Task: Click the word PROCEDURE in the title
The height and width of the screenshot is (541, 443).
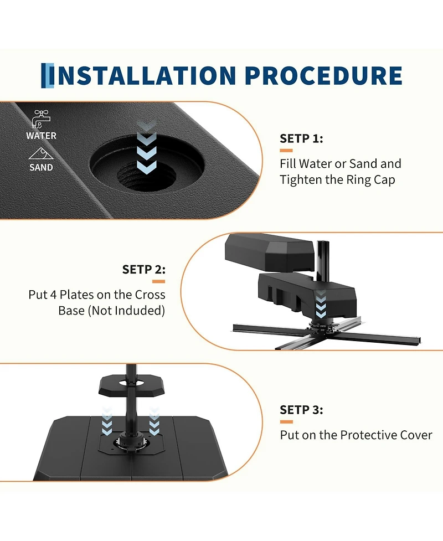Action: point(324,75)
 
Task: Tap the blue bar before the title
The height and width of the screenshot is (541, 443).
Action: point(48,75)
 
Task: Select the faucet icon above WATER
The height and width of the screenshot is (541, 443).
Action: point(41,119)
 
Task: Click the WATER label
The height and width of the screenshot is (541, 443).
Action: point(41,136)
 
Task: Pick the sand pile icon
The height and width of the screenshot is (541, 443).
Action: point(41,153)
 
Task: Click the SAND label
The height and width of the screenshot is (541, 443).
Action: point(41,167)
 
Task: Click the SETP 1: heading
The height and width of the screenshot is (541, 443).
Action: point(302,138)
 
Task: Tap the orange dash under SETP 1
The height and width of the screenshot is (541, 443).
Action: point(286,151)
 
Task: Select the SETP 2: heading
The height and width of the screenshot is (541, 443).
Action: point(144,269)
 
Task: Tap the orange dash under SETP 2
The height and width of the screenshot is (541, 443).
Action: point(159,281)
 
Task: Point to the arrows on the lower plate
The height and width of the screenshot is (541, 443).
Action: point(321,304)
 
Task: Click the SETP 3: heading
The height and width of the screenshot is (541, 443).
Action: point(302,410)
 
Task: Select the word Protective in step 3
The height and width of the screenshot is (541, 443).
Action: point(369,435)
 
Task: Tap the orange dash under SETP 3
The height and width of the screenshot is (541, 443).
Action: point(286,421)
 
